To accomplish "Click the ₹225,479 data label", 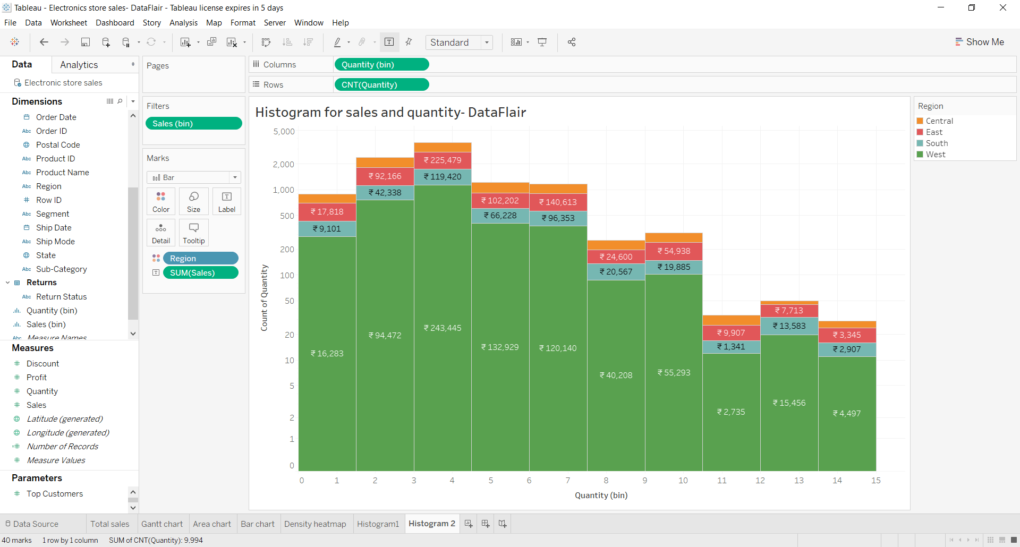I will (x=443, y=160).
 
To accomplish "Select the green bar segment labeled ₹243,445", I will (x=443, y=328).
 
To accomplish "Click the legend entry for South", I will (x=937, y=143).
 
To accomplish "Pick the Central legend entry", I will (x=939, y=121).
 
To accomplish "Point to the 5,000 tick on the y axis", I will (x=284, y=132).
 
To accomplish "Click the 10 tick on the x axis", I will (x=683, y=481).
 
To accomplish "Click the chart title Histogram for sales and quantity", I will (x=390, y=113).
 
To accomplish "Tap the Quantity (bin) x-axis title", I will (x=601, y=495).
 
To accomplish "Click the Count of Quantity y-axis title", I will (x=264, y=297).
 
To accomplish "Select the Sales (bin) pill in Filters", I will (x=193, y=124).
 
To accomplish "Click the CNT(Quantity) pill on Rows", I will (x=381, y=85).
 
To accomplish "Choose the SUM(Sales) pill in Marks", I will (x=200, y=273).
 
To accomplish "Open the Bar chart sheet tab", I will (x=258, y=524).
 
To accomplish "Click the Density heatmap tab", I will (x=315, y=524).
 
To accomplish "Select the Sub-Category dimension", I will (x=61, y=269).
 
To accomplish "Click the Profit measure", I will (x=37, y=378).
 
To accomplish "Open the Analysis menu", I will (x=183, y=23).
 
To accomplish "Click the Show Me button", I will (x=980, y=42).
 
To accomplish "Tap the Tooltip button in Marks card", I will (x=194, y=233).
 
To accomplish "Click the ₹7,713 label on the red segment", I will (x=789, y=311).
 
